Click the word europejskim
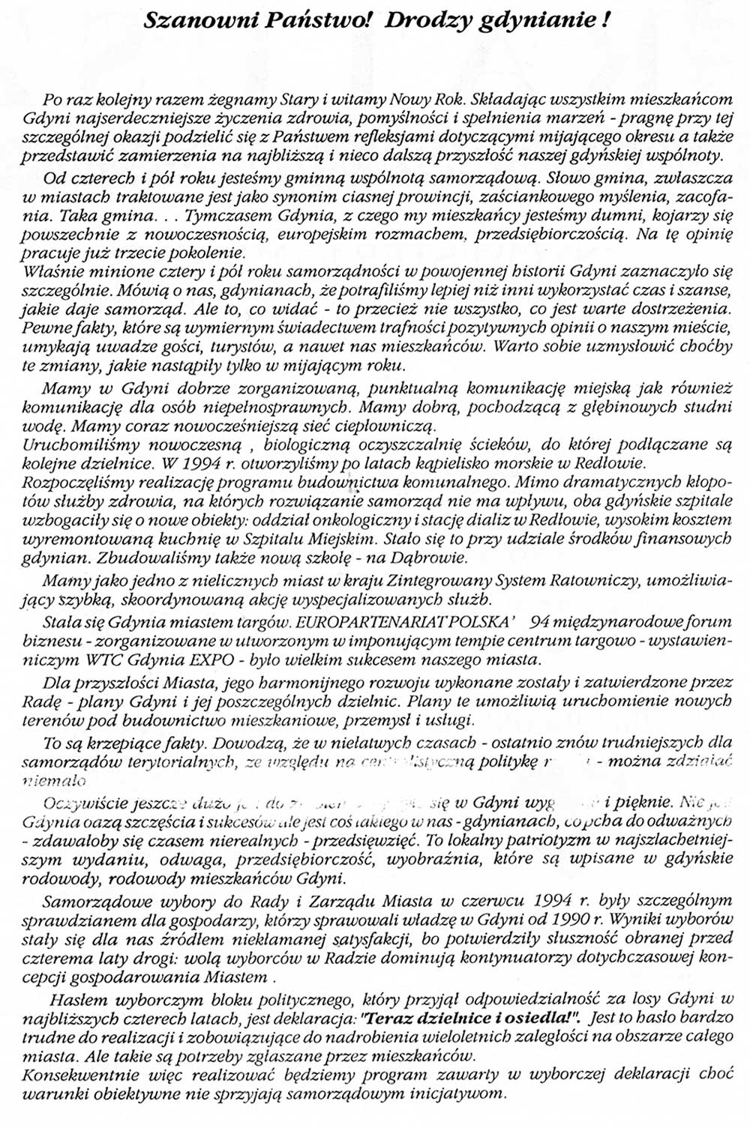click(362, 235)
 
